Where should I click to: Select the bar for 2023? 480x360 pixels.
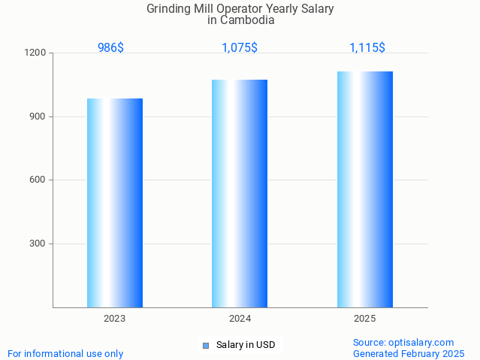point(115,203)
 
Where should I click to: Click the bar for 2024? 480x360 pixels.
point(240,193)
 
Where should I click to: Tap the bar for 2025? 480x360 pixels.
point(365,189)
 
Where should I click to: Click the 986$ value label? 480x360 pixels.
point(110,47)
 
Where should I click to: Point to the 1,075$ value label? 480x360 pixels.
point(240,47)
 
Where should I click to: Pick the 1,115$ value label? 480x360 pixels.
point(367,47)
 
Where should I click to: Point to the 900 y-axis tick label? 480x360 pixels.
point(38,116)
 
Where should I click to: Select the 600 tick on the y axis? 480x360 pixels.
point(38,180)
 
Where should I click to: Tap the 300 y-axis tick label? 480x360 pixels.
point(38,244)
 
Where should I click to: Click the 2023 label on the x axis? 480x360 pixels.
point(115,319)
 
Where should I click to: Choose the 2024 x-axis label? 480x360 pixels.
point(240,319)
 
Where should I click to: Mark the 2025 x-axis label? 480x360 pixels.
point(365,319)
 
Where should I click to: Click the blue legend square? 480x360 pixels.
point(206,346)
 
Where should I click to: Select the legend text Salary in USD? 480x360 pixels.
point(246,346)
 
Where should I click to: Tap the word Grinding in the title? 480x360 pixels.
point(170,9)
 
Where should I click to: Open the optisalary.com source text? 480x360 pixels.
point(403,342)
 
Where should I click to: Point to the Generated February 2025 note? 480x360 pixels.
point(409,353)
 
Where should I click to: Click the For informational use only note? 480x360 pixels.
point(65,353)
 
